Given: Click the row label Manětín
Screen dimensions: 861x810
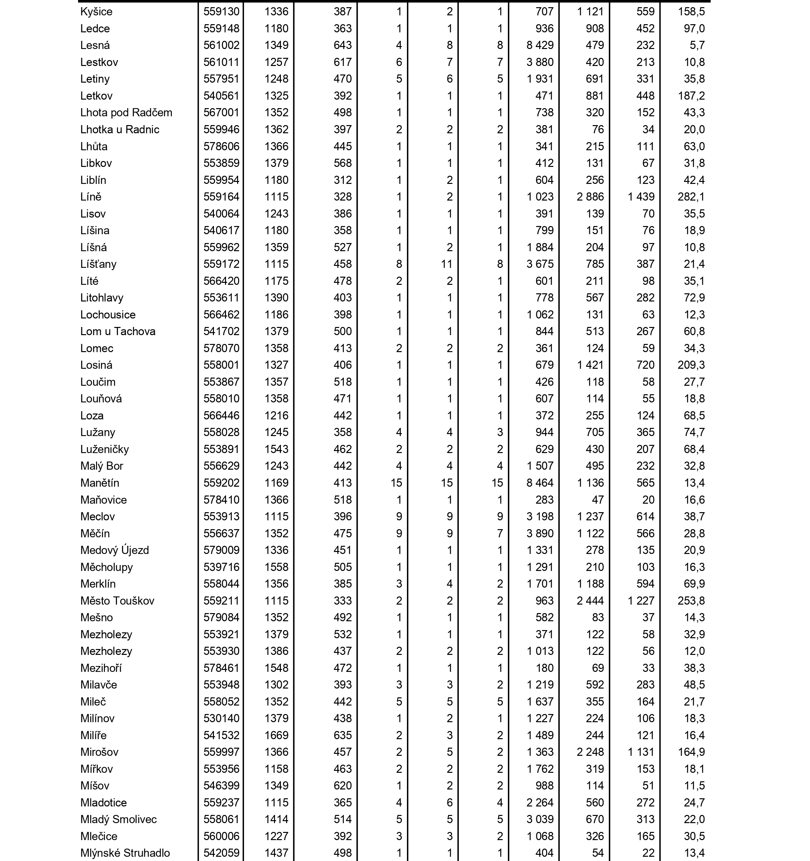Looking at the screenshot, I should [x=100, y=482].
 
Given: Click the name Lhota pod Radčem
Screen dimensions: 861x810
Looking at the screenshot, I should [x=126, y=113].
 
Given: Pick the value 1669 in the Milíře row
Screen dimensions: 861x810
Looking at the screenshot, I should [x=276, y=735].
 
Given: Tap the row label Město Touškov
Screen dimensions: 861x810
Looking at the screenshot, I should [x=117, y=601].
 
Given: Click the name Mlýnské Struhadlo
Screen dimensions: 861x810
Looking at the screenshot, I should [x=125, y=853].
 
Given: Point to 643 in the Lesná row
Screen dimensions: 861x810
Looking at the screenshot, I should [x=342, y=45].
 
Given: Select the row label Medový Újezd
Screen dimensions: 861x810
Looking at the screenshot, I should [x=114, y=550].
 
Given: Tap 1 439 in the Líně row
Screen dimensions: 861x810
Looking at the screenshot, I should [x=641, y=197].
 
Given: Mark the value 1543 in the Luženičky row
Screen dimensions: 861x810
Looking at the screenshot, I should [x=276, y=449].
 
